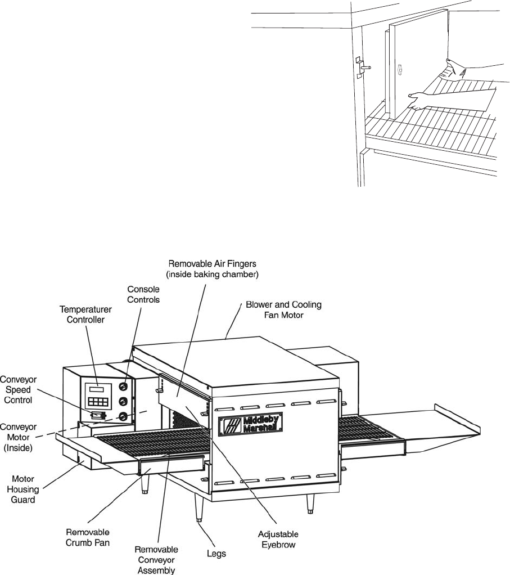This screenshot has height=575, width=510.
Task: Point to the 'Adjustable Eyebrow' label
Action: point(277,538)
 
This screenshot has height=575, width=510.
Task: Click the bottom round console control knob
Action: point(123,417)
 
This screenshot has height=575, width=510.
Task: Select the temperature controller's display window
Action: point(96,389)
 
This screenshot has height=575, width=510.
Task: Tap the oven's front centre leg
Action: point(198,508)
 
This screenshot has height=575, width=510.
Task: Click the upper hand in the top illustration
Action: point(455,68)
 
